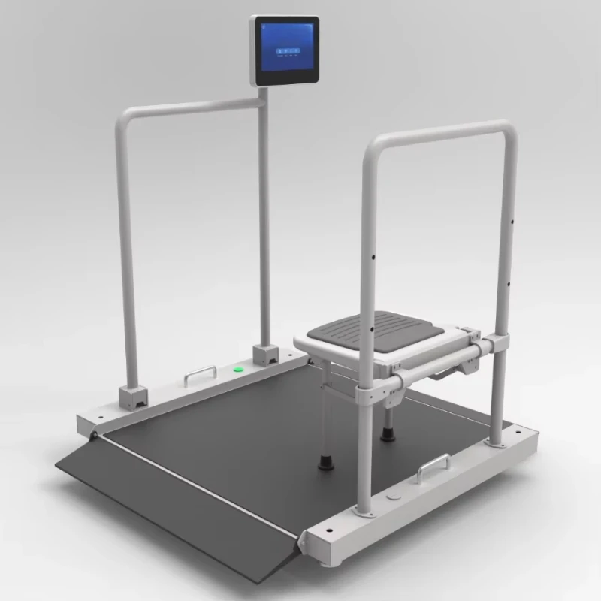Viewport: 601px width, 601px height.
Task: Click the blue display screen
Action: point(285,51)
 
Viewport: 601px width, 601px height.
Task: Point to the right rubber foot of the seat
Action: point(387,432)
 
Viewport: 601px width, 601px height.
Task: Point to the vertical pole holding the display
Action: point(264,225)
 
